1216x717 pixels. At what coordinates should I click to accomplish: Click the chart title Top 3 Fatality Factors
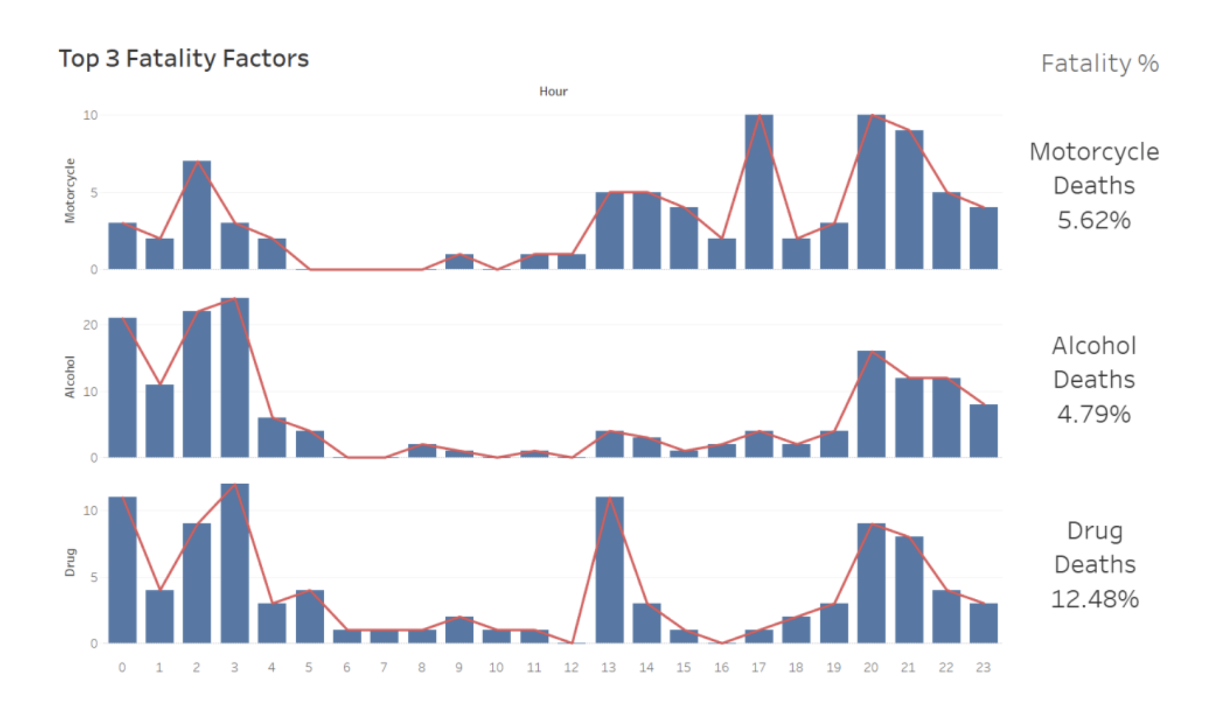[x=184, y=59]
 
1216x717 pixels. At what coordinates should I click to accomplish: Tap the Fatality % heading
[x=1099, y=64]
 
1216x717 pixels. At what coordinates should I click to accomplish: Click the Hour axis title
[x=553, y=91]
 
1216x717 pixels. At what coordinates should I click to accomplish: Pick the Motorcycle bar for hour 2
[x=197, y=215]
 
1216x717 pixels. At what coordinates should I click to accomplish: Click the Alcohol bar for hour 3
[x=234, y=378]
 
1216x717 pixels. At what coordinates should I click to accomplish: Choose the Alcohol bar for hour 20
[x=871, y=405]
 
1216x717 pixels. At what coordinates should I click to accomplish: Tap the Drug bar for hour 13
[x=609, y=570]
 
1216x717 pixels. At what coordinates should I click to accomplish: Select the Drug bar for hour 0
[x=122, y=570]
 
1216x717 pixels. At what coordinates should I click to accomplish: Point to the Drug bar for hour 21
[x=909, y=590]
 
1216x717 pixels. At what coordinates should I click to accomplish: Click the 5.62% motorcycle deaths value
[x=1094, y=220]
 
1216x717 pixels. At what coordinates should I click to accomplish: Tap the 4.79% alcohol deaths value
[x=1094, y=414]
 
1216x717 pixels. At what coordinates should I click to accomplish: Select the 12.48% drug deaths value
[x=1095, y=599]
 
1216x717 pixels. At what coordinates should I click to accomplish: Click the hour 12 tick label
[x=571, y=667]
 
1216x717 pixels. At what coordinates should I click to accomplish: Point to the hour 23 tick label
[x=983, y=667]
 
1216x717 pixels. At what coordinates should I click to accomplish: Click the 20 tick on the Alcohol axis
[x=90, y=325]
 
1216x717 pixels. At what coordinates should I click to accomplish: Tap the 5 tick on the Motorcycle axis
[x=94, y=193]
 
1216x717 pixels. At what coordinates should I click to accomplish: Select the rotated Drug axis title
[x=70, y=562]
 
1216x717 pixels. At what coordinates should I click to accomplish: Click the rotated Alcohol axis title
[x=70, y=377]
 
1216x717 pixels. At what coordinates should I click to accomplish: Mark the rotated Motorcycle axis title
[x=70, y=190]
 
